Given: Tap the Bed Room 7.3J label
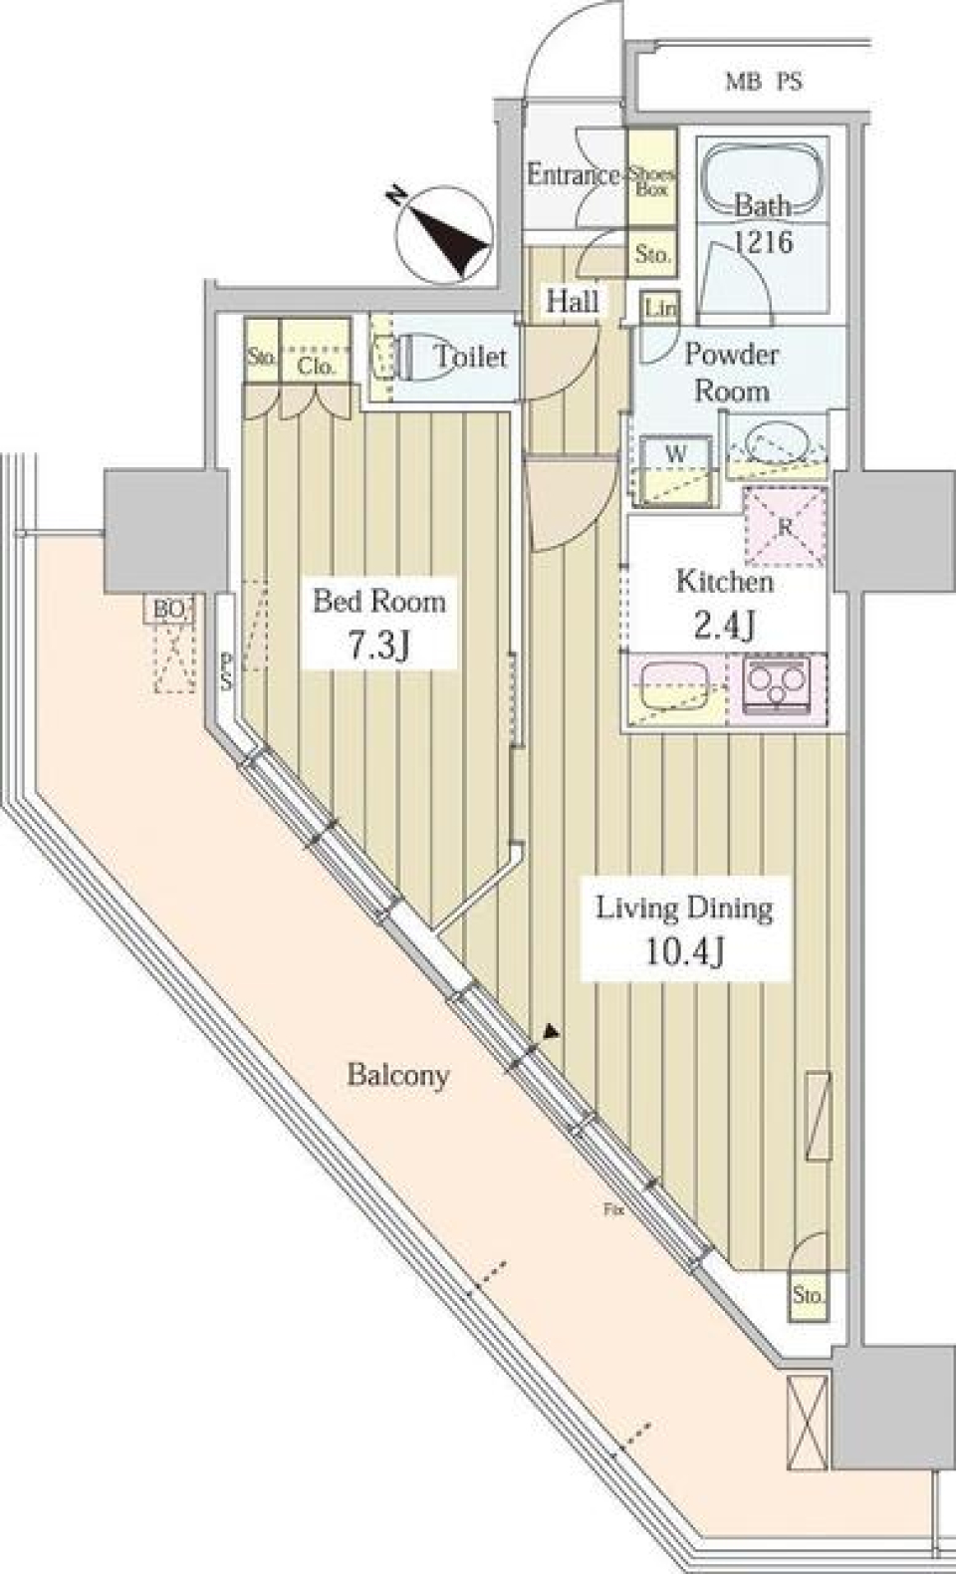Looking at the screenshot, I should pos(379,624).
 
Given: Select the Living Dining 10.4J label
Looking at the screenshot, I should pos(684,928).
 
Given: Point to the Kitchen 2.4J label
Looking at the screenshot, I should pos(724,602).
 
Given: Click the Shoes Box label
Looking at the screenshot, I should pos(651,180).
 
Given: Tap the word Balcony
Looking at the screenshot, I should pos(397,1075).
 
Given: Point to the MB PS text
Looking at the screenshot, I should pos(763,83).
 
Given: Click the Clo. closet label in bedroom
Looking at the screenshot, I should pos(315,366).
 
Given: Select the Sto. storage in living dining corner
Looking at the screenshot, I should pos(809,1295).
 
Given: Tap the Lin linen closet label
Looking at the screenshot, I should pos(659,308).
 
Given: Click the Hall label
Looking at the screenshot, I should pos(573,301).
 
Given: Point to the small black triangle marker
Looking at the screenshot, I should pos(550,1035).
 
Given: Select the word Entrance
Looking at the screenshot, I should pos(573,175).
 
